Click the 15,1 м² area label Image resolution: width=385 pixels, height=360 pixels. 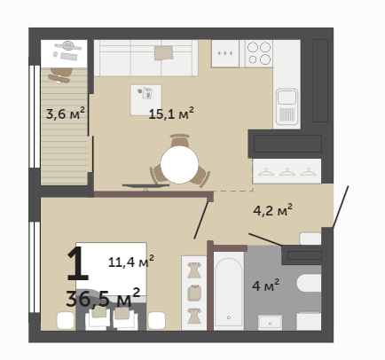click(x=171, y=113)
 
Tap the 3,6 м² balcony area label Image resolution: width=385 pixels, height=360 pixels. click(x=66, y=113)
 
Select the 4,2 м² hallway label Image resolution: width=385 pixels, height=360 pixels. click(x=272, y=210)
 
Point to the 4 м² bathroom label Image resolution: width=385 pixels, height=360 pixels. click(x=265, y=286)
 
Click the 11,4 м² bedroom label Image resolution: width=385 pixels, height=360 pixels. click(x=131, y=262)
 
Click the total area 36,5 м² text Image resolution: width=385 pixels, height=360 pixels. click(x=103, y=298)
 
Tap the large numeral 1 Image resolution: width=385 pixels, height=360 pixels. click(x=77, y=263)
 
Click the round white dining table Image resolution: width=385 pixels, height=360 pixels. click(x=179, y=164)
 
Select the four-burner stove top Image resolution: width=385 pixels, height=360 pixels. click(x=259, y=53)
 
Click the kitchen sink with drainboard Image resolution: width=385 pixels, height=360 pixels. click(x=287, y=106)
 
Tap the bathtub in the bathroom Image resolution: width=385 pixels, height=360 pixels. click(x=229, y=290)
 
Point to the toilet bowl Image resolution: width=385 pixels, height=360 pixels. click(x=309, y=283)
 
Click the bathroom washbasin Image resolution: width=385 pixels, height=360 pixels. click(x=270, y=322)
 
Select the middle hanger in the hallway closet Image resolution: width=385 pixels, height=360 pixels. click(x=287, y=172)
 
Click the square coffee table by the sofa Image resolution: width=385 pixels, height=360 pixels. click(x=146, y=100)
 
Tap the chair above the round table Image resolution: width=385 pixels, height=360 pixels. click(x=179, y=140)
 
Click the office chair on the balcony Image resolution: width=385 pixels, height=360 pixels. click(x=60, y=75)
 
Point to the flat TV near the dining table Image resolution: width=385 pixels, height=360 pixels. click(x=145, y=186)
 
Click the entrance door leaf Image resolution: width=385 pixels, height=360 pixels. click(x=341, y=207)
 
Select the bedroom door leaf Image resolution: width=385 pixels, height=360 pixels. click(x=201, y=220)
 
